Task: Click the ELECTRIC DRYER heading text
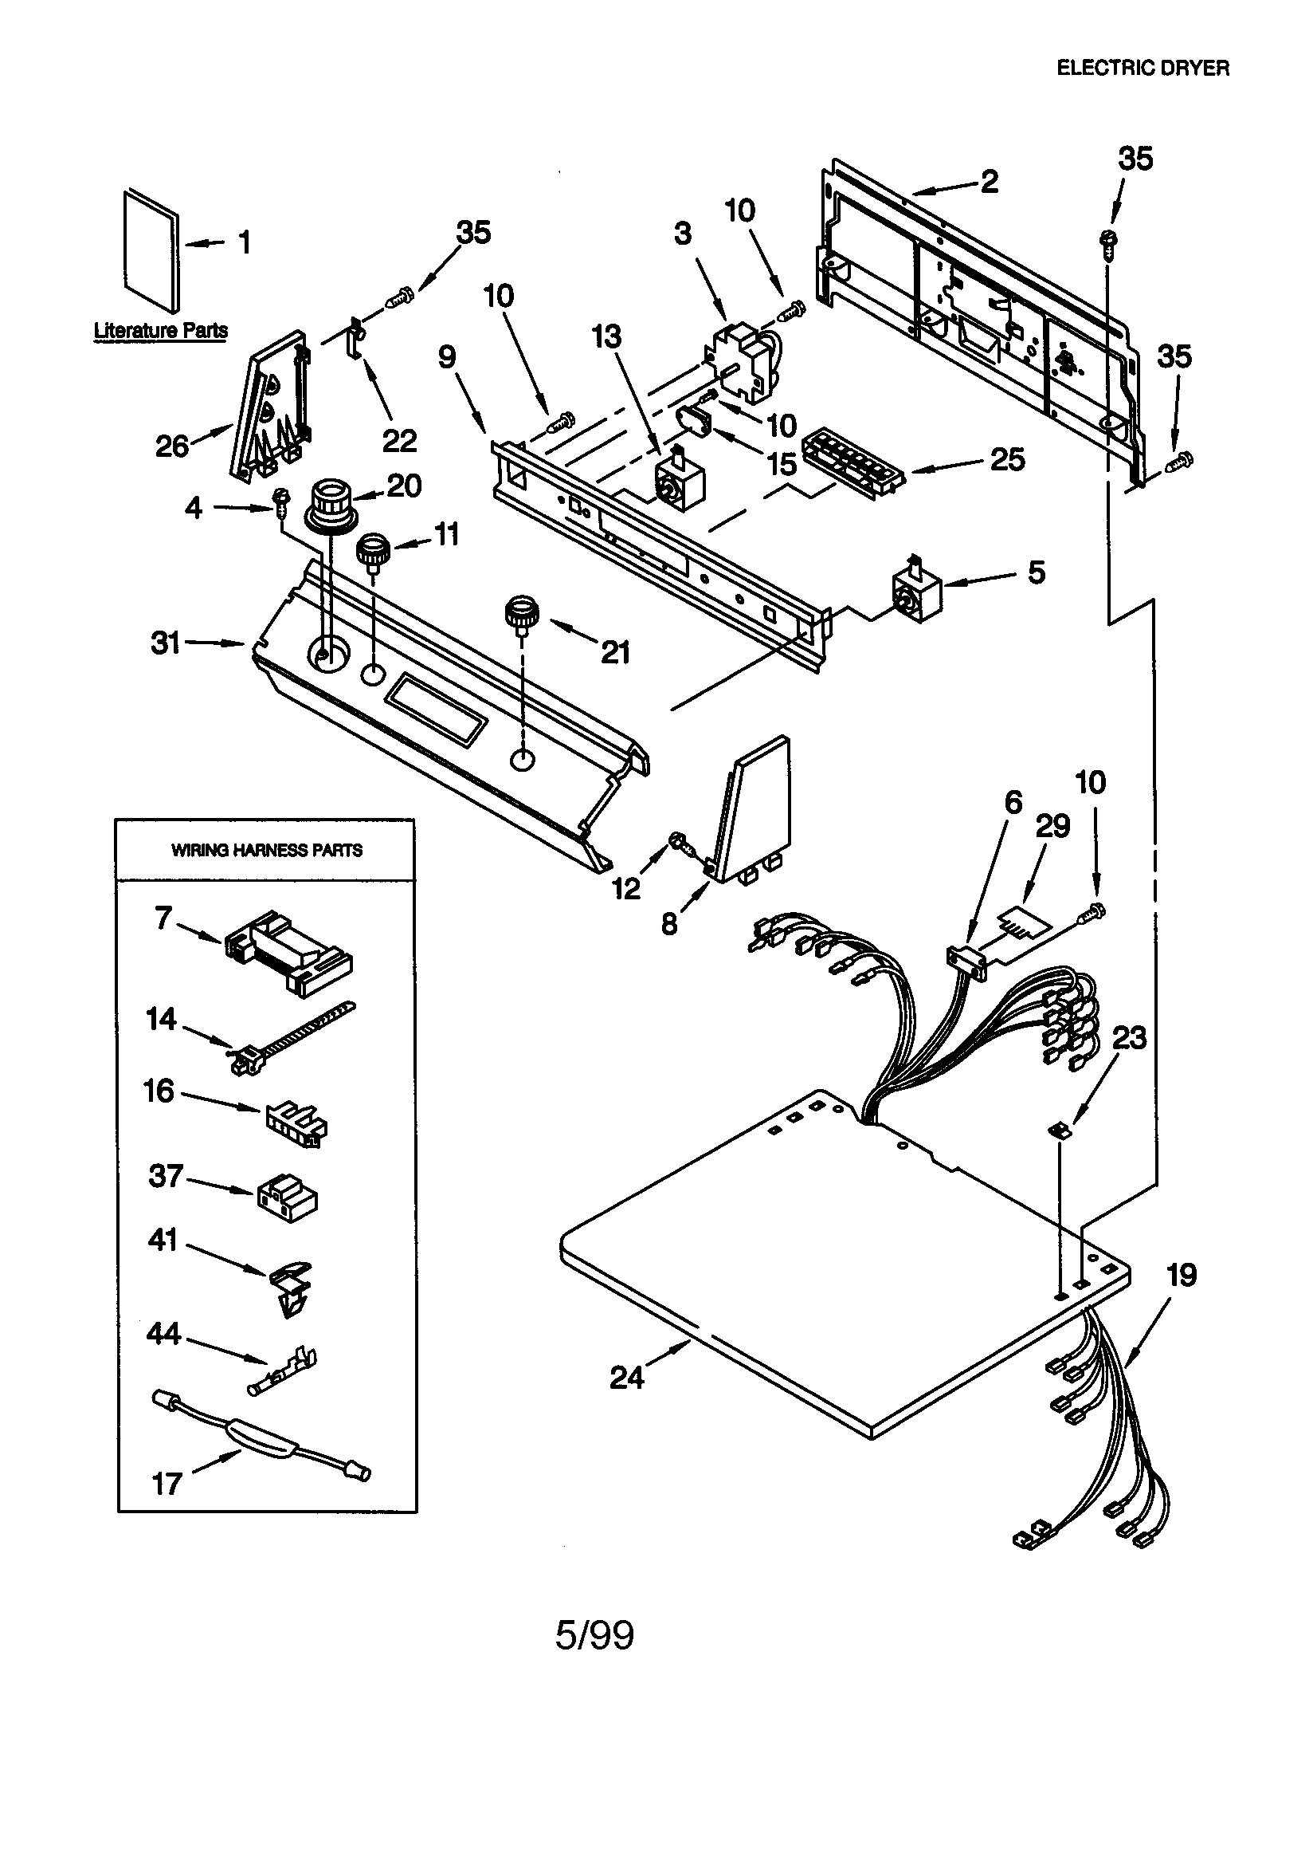1142,69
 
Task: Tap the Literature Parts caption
161,330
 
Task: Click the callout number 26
171,446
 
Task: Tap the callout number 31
166,643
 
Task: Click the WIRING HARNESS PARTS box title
266,850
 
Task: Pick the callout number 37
166,1175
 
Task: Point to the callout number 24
626,1378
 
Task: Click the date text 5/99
595,1634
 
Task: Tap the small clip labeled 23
1060,1129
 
